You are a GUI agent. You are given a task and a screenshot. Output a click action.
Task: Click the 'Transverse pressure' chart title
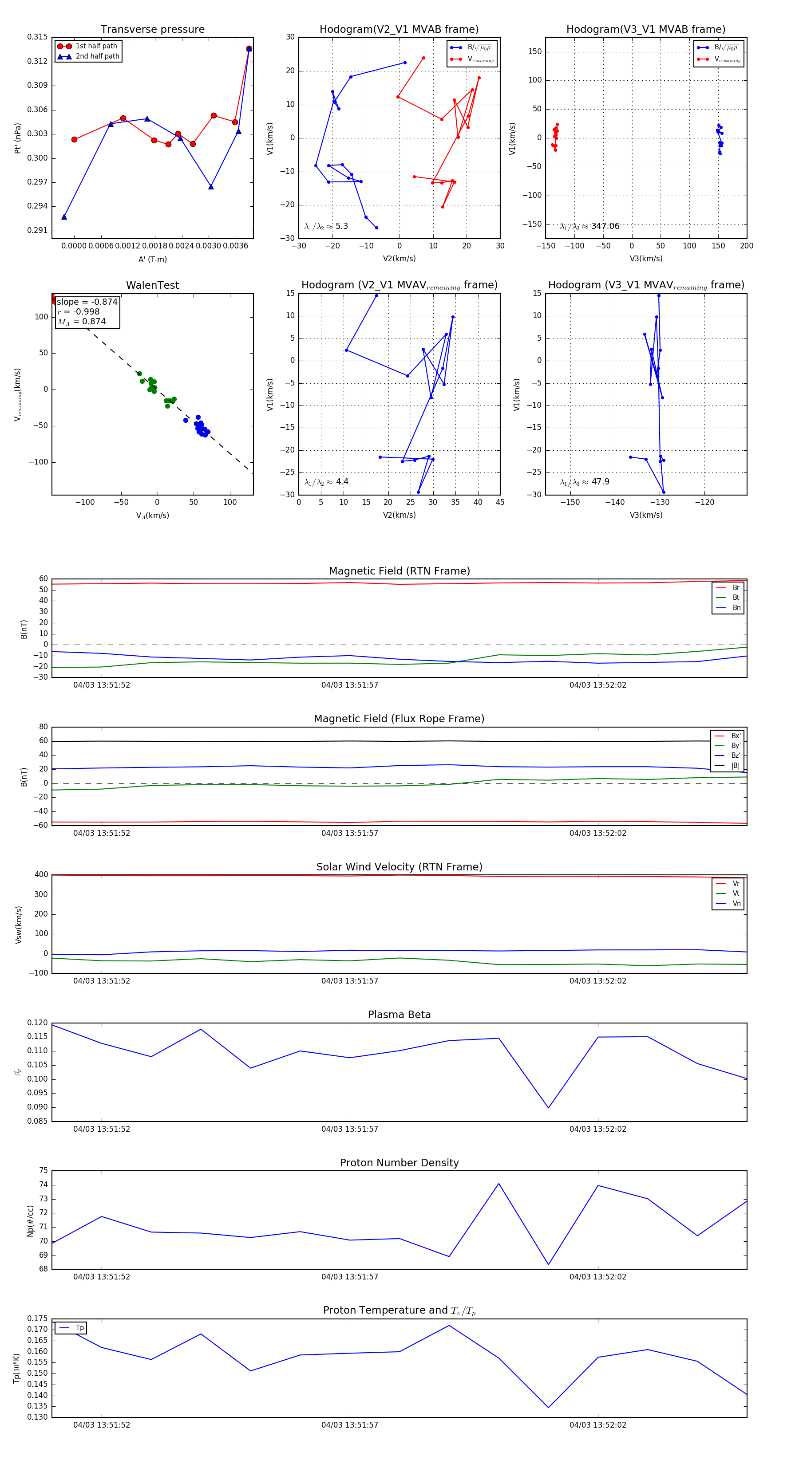152,30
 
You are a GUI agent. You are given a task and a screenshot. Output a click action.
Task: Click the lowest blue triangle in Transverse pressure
64,216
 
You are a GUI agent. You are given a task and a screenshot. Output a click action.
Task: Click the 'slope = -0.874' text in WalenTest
87,302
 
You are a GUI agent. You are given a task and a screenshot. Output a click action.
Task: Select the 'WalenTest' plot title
152,285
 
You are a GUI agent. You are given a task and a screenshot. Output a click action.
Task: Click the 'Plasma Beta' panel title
399,1015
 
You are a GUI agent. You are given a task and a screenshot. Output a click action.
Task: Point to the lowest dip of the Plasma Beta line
548,1108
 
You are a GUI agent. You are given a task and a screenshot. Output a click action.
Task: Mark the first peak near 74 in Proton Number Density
499,1184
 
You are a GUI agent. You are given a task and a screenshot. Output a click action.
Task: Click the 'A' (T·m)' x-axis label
152,260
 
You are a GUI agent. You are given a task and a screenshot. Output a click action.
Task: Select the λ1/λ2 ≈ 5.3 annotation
326,226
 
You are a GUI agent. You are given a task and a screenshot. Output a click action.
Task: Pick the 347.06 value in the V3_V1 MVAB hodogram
605,226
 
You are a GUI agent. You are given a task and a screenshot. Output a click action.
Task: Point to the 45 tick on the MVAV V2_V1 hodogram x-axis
500,502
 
